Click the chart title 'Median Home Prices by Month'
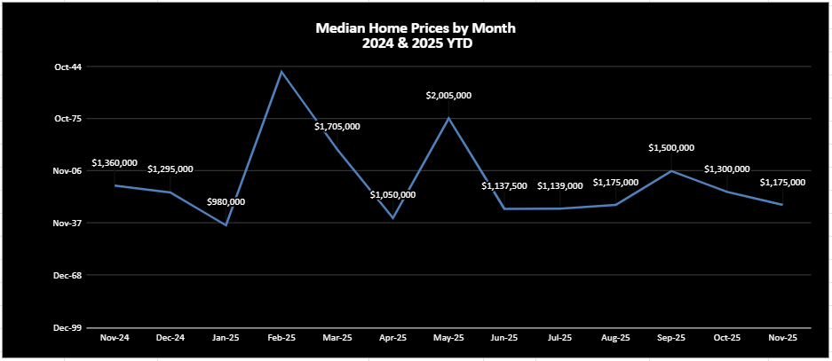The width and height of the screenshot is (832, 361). click(x=416, y=28)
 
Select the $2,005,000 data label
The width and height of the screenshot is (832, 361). click(x=448, y=95)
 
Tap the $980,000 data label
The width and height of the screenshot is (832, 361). click(x=226, y=202)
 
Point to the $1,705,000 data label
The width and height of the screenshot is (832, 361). click(x=337, y=127)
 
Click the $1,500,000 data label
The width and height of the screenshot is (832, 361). click(x=671, y=148)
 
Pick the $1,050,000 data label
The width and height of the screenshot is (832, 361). click(x=392, y=194)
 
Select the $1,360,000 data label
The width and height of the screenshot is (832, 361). click(x=115, y=163)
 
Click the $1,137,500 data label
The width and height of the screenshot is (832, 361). click(x=504, y=186)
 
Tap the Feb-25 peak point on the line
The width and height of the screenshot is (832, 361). click(x=281, y=71)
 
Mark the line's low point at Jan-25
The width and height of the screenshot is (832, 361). click(x=226, y=225)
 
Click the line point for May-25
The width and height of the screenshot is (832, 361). click(x=448, y=117)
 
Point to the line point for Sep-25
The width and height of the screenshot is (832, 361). click(x=671, y=170)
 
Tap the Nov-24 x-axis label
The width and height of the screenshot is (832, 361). click(x=115, y=338)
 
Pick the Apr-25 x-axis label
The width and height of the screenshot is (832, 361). click(x=392, y=338)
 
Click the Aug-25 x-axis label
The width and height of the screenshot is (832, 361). click(x=615, y=338)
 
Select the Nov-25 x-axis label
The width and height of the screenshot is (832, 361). click(x=782, y=338)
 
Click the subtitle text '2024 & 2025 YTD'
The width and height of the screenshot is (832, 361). click(x=416, y=43)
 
